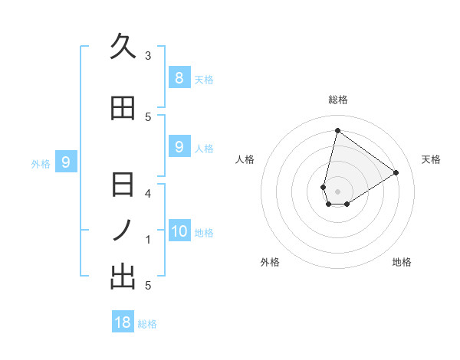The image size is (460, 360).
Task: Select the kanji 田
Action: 123,109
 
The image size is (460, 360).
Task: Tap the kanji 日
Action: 123,185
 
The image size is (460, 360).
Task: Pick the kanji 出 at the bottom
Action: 123,277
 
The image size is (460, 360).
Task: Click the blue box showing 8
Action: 179,77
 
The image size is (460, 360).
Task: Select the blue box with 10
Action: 179,231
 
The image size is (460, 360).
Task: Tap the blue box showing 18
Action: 123,322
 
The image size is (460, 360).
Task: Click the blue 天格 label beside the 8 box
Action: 204,79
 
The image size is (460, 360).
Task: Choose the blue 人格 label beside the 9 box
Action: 204,148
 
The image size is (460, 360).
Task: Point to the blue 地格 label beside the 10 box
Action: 204,233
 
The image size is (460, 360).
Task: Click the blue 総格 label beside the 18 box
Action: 147,324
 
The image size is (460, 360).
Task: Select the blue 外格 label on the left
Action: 40,163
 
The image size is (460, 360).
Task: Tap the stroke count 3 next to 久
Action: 148,56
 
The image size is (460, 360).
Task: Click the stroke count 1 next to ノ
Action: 148,240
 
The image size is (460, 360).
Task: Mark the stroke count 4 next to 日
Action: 148,193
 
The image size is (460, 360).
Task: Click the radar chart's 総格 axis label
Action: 337,100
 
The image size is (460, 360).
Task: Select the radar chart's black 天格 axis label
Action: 431,159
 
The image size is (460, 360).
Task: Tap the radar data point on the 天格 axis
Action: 396,172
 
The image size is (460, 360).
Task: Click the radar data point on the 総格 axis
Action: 337,130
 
